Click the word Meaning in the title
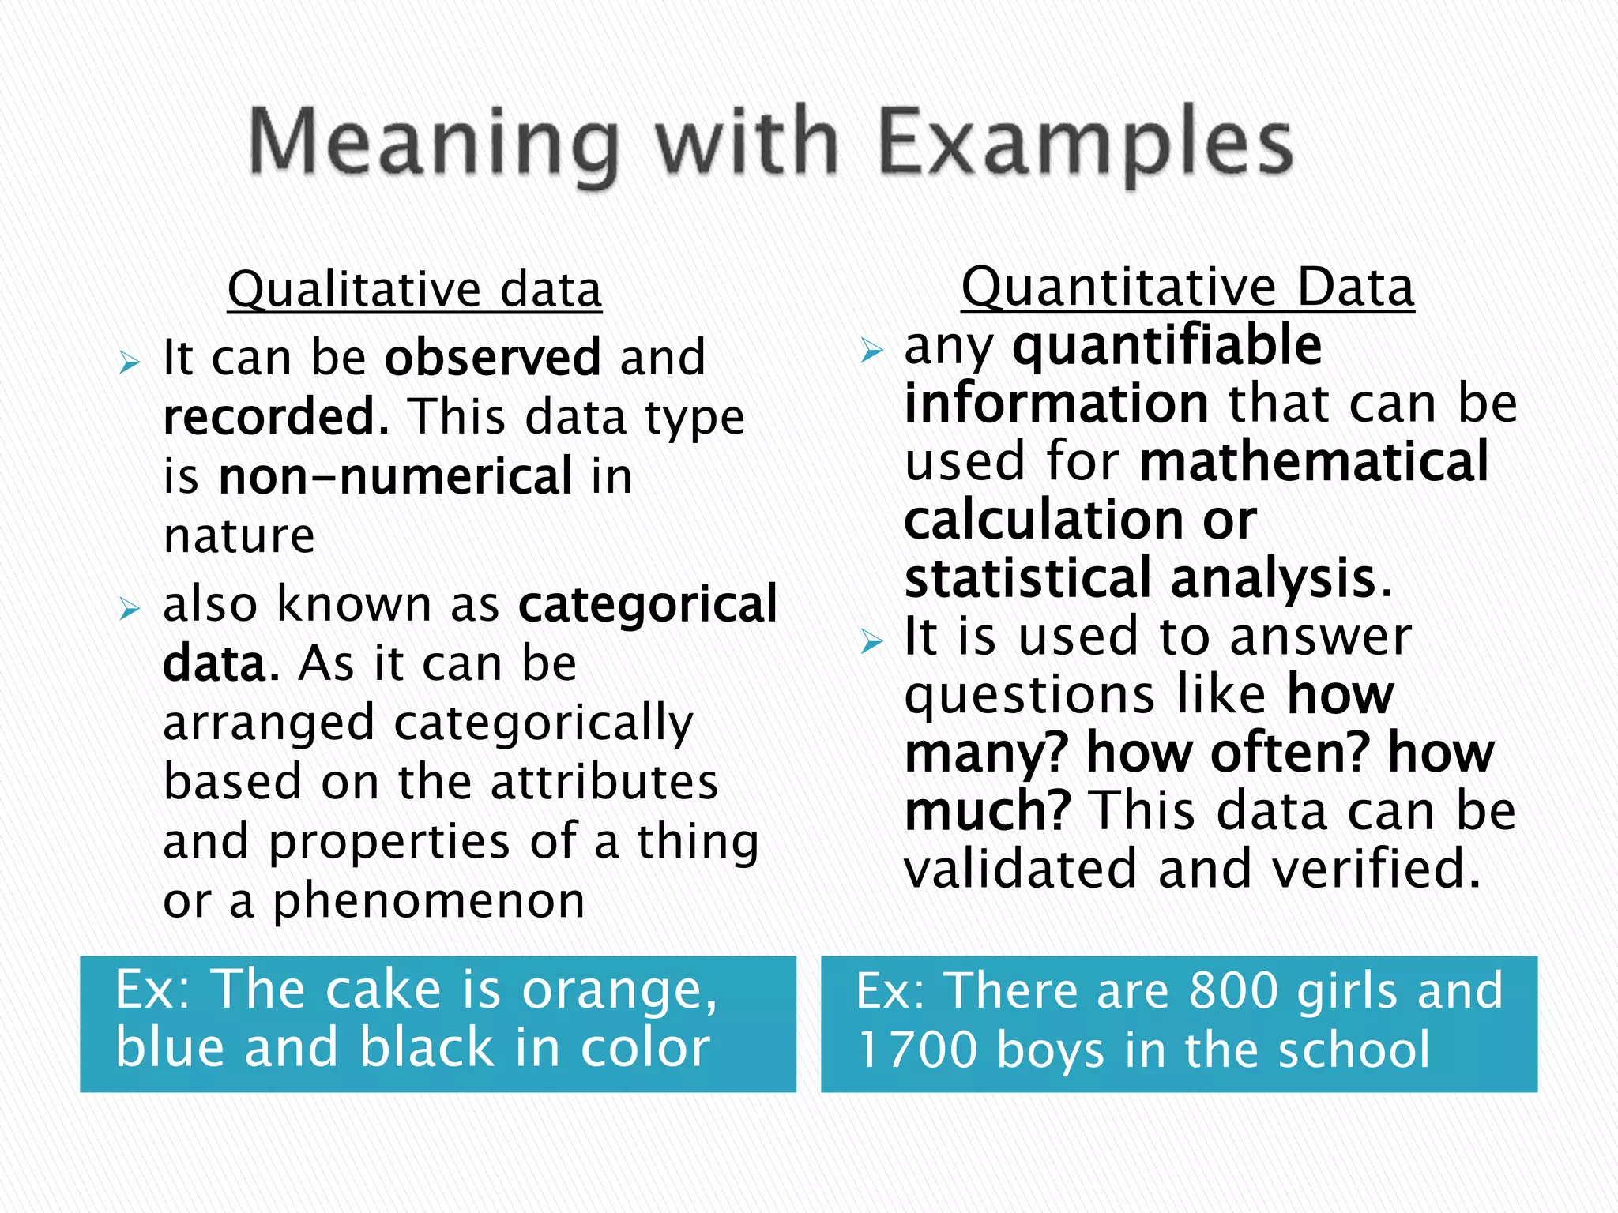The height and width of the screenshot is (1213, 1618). click(x=434, y=144)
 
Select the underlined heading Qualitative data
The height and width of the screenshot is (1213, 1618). click(x=415, y=289)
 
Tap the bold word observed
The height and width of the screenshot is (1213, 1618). click(x=493, y=357)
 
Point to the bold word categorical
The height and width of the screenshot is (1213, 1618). click(x=648, y=604)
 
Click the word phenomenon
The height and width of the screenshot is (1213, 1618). click(x=429, y=900)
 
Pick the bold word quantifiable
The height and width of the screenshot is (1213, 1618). click(x=1167, y=346)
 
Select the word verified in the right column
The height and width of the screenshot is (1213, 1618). click(x=1376, y=869)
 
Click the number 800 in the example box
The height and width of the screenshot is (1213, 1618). click(x=1234, y=990)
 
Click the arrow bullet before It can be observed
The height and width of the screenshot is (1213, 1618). click(x=130, y=364)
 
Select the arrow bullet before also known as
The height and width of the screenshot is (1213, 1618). click(x=130, y=609)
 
